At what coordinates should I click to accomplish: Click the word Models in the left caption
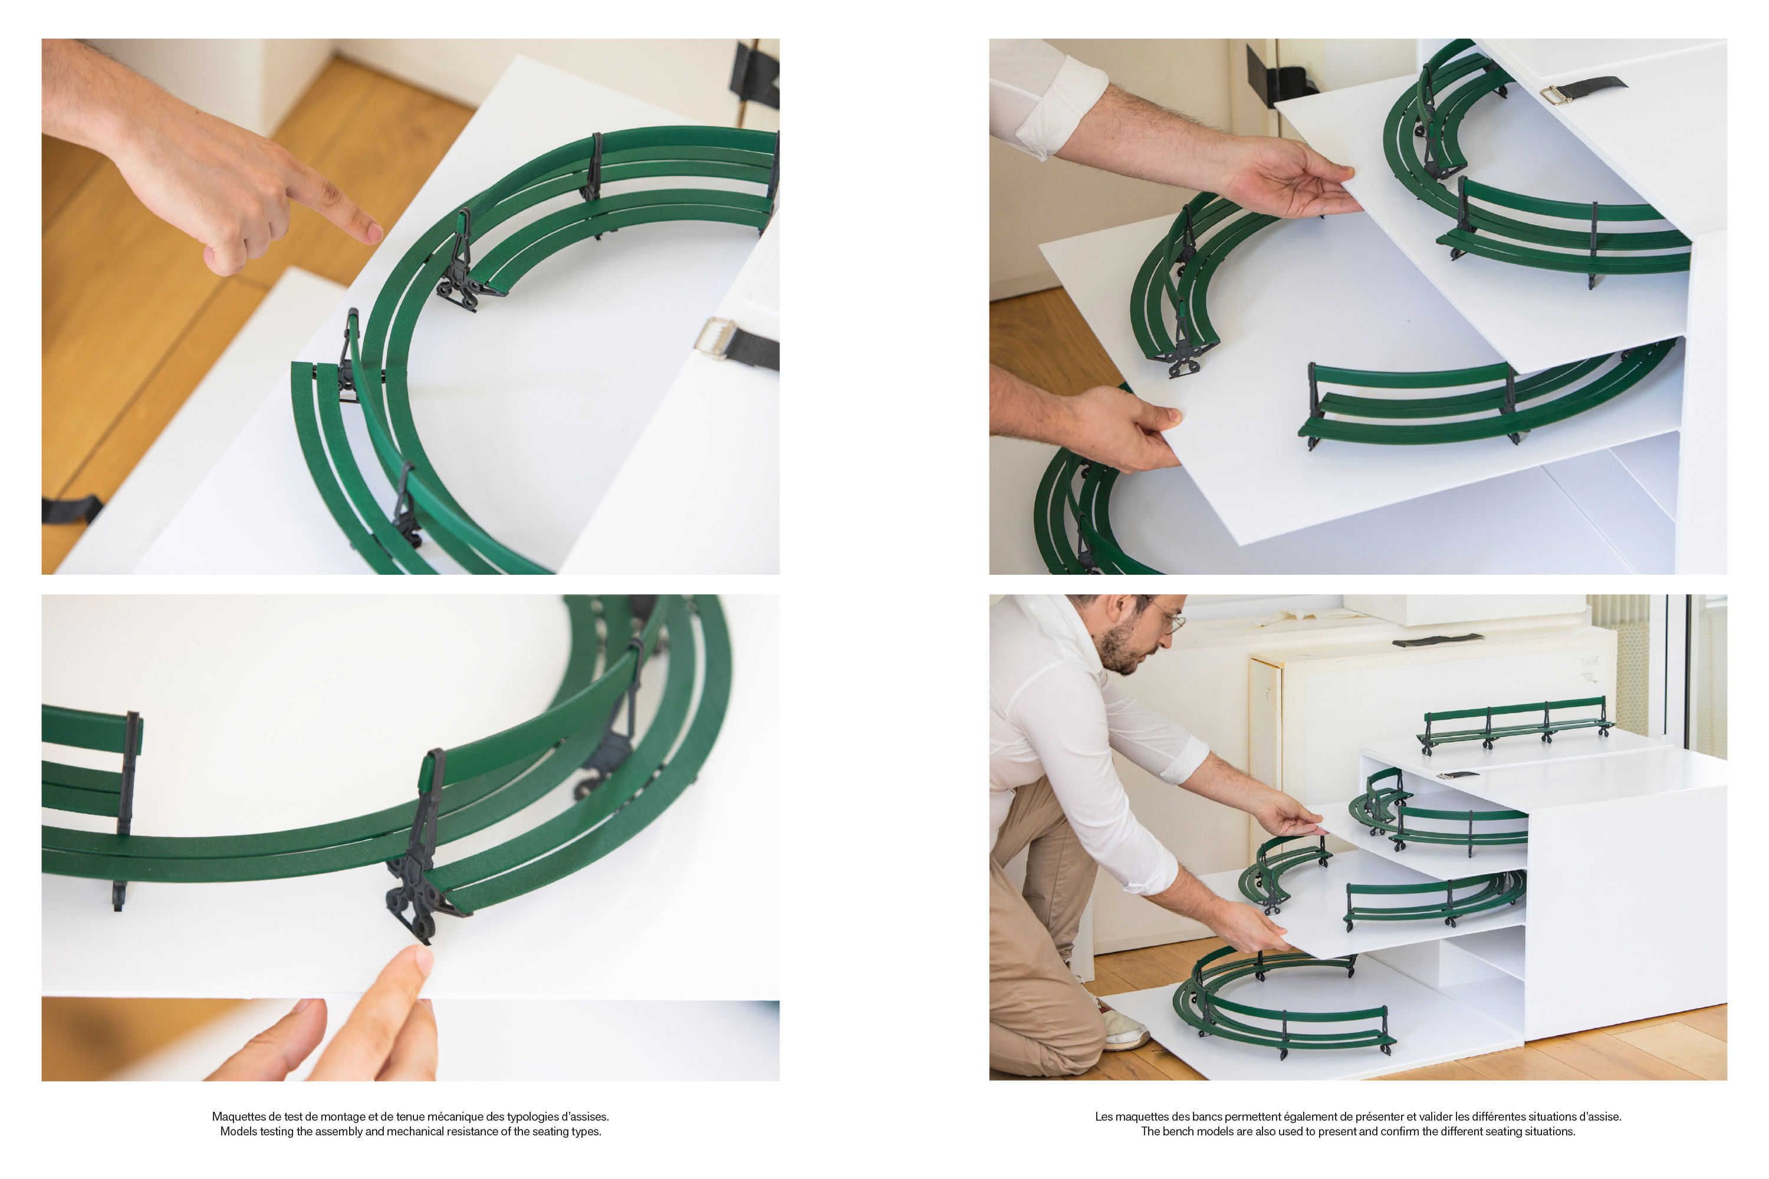[x=237, y=1132]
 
